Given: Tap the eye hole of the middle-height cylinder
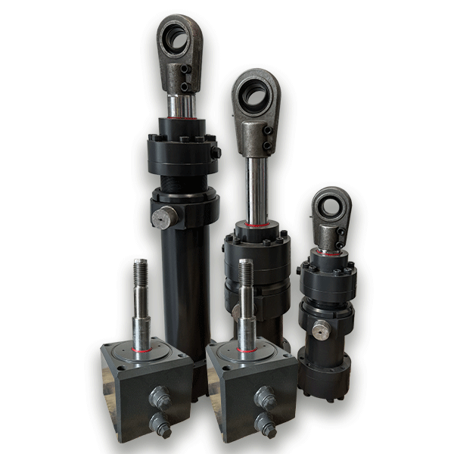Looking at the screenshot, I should tap(254, 95).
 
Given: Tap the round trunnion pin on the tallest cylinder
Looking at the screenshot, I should tap(164, 218).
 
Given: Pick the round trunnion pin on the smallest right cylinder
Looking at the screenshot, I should tap(322, 330).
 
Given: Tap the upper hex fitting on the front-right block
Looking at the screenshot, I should tap(266, 396).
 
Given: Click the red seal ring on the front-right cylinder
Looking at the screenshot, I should tap(247, 350).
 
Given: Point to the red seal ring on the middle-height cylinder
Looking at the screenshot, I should tap(258, 225).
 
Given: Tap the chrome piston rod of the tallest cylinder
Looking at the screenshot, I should tap(181, 106).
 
